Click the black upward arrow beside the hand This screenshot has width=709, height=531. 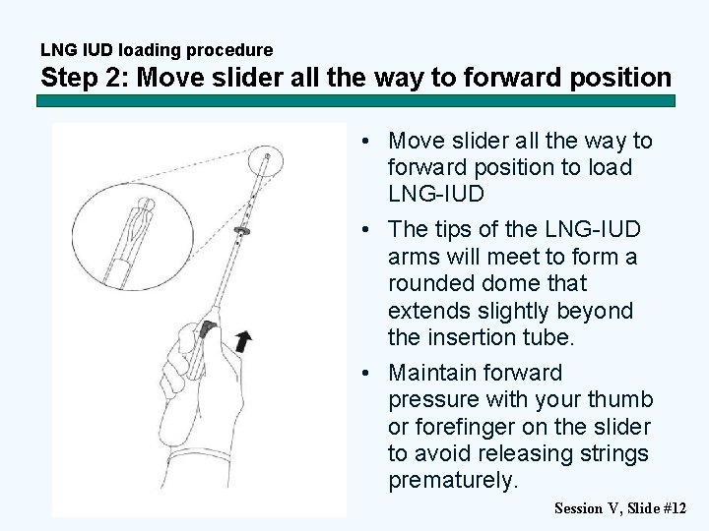[244, 341]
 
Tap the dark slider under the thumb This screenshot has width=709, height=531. [206, 329]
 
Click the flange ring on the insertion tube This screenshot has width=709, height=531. [242, 230]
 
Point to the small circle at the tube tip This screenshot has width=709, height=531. [266, 161]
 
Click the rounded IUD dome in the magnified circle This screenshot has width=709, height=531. [146, 205]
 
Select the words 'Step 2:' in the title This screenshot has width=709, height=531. [85, 77]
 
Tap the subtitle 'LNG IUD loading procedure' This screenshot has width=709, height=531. [157, 49]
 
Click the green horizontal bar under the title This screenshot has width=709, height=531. [355, 100]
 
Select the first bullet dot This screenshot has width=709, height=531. [365, 141]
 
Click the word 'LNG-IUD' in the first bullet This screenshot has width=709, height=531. [436, 194]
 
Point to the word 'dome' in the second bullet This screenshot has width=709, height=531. [511, 283]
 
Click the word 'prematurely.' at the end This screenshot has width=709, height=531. [453, 480]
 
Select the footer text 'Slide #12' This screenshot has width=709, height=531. [657, 508]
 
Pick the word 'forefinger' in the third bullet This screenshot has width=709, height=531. [465, 427]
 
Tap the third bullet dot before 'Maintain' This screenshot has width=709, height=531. [365, 373]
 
